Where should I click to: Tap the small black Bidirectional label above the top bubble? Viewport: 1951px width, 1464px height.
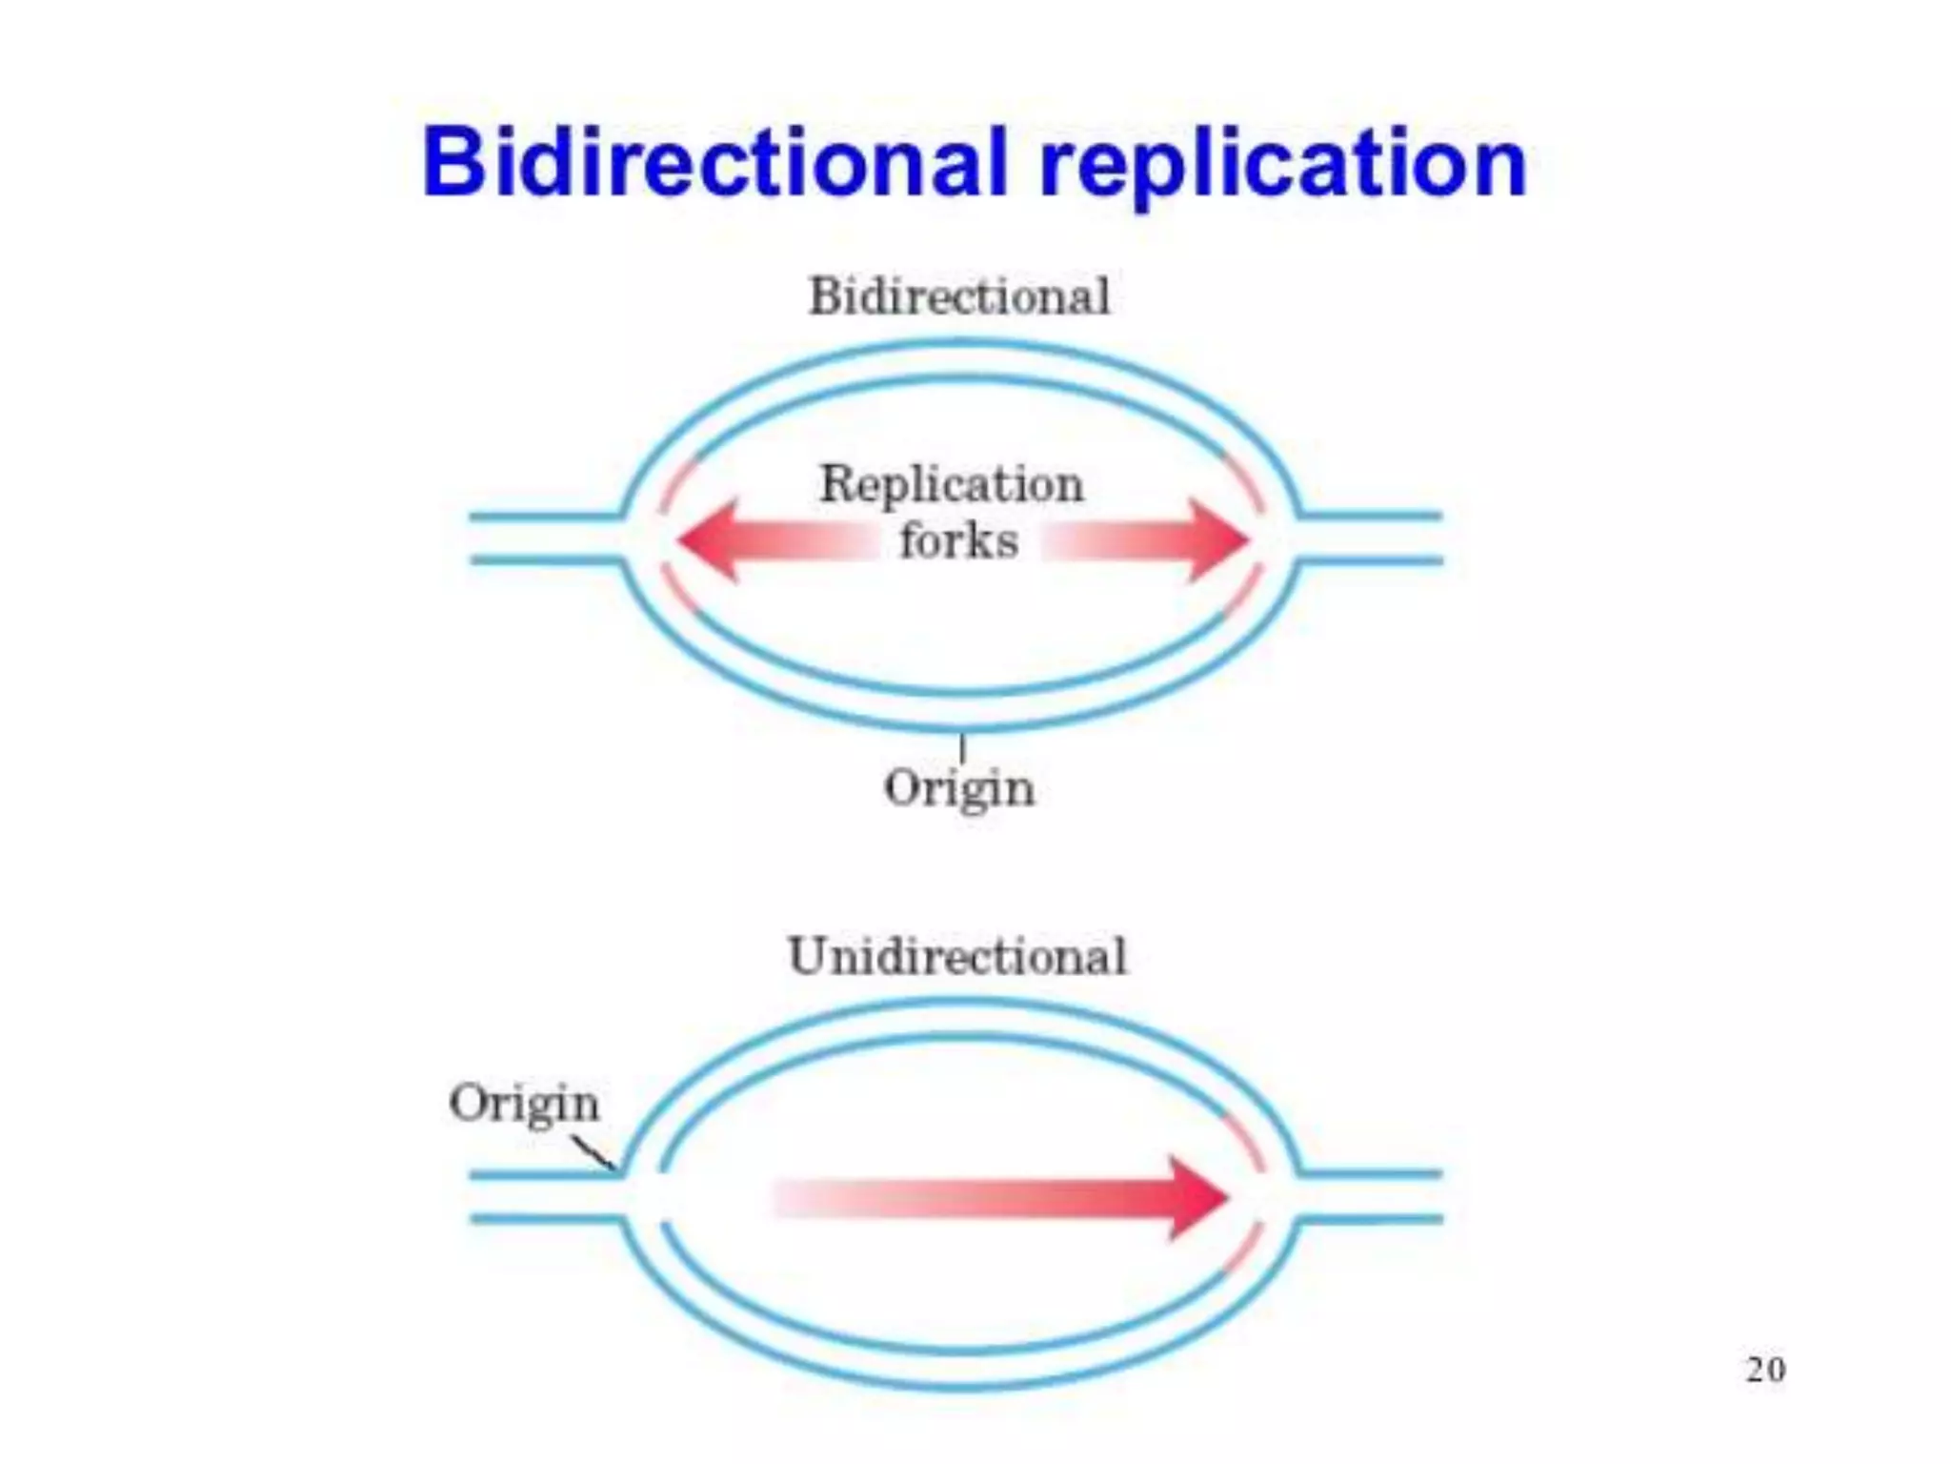coord(959,296)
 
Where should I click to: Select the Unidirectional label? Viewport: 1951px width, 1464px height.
coord(957,956)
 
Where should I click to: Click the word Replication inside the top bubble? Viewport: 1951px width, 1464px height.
coord(952,484)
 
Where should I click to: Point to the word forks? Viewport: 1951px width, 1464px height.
coord(958,541)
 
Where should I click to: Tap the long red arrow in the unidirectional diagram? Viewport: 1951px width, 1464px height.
coord(1000,1198)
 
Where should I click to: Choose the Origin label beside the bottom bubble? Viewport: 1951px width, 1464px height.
coord(524,1105)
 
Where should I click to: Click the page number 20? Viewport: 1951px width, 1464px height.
coord(1765,1370)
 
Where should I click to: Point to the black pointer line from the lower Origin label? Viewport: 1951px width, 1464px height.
coord(593,1153)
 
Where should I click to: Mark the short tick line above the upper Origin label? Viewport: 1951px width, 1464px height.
coord(962,747)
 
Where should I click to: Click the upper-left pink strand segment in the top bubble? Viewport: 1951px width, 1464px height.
coord(676,483)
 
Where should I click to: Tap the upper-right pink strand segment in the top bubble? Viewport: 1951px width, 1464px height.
coord(1244,481)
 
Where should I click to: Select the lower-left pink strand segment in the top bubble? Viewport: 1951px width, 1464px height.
coord(678,591)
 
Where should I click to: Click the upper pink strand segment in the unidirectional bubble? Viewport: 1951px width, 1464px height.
coord(1244,1140)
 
